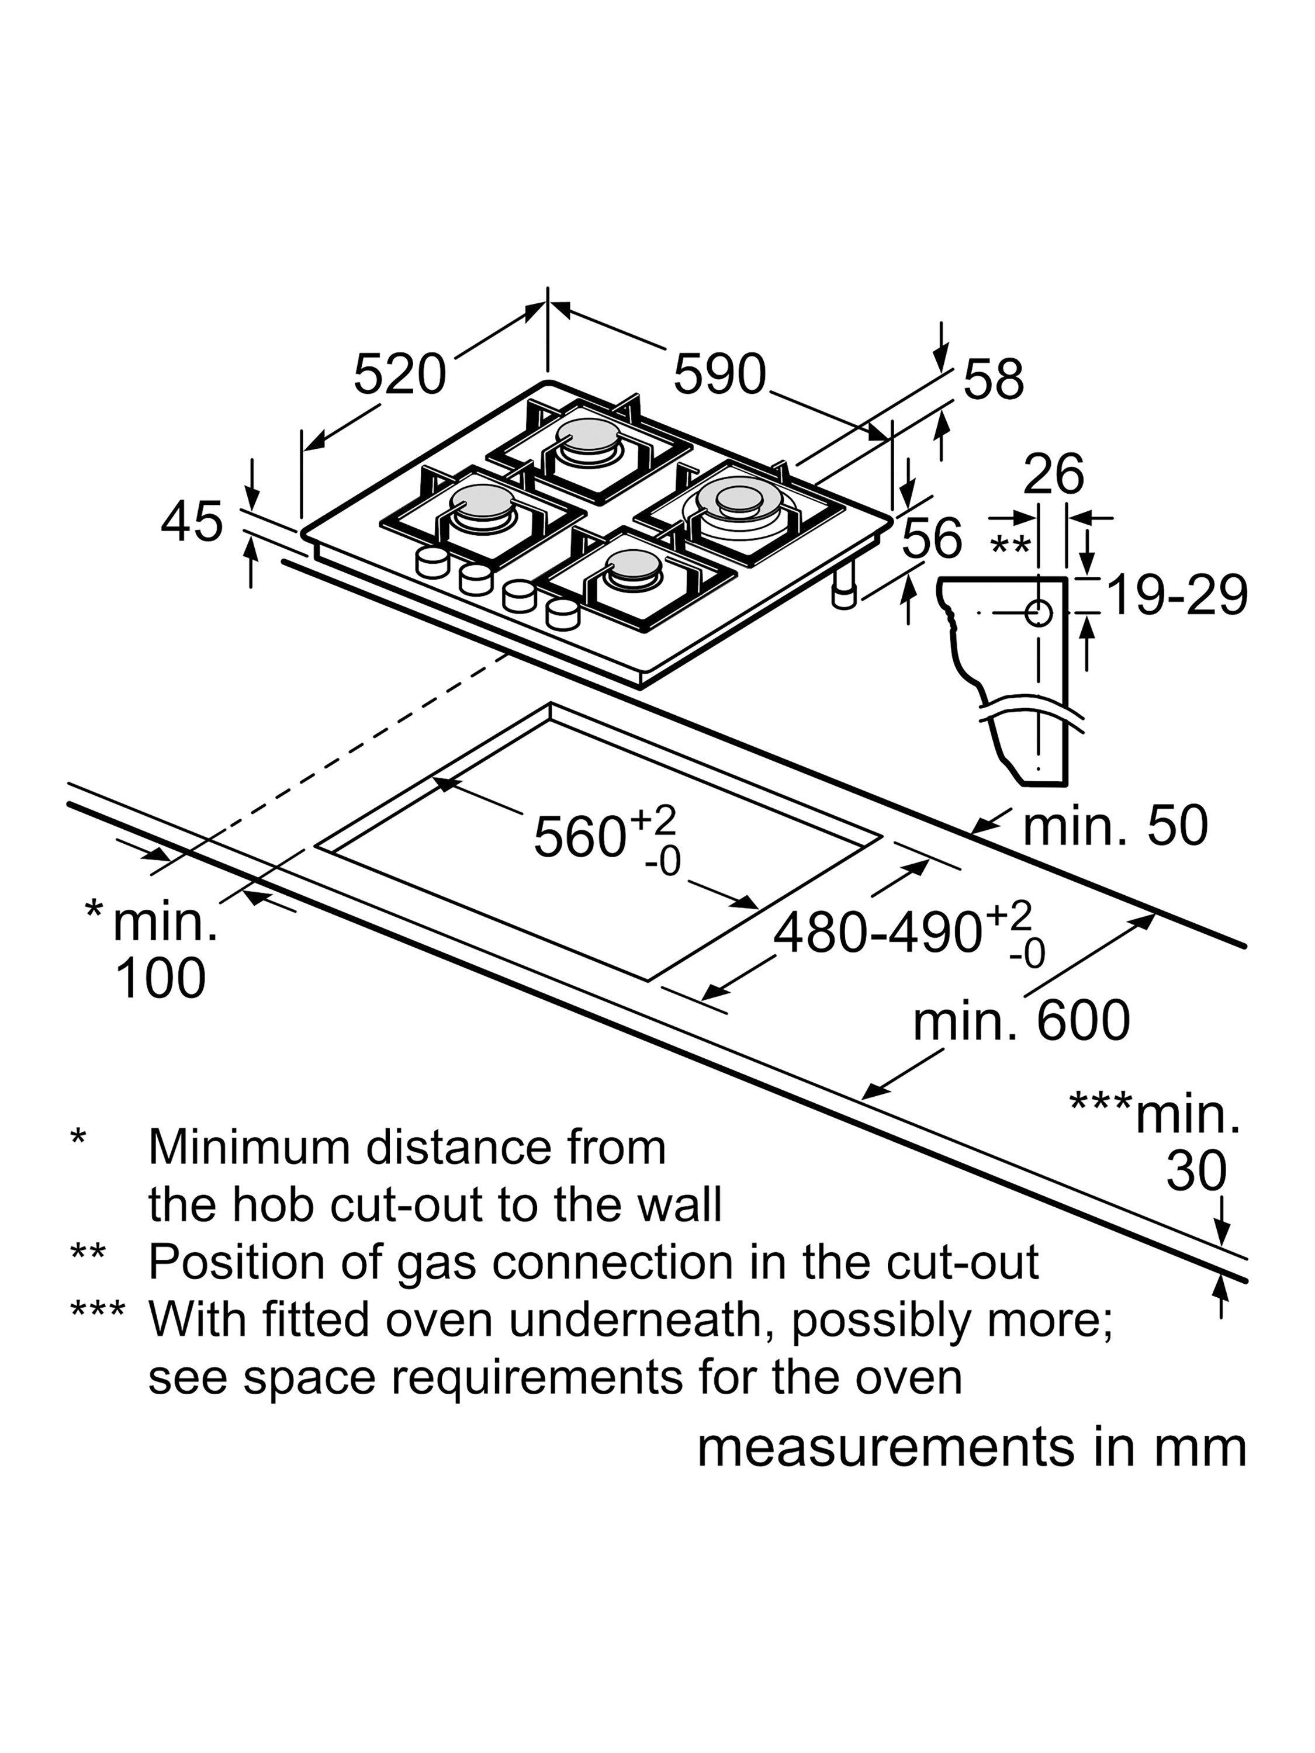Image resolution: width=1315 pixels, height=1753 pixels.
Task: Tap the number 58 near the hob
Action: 993,380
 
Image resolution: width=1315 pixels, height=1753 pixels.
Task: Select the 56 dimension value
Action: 932,538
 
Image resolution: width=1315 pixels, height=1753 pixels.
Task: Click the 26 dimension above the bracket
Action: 1053,474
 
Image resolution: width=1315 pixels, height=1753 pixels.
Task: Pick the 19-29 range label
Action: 1176,595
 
